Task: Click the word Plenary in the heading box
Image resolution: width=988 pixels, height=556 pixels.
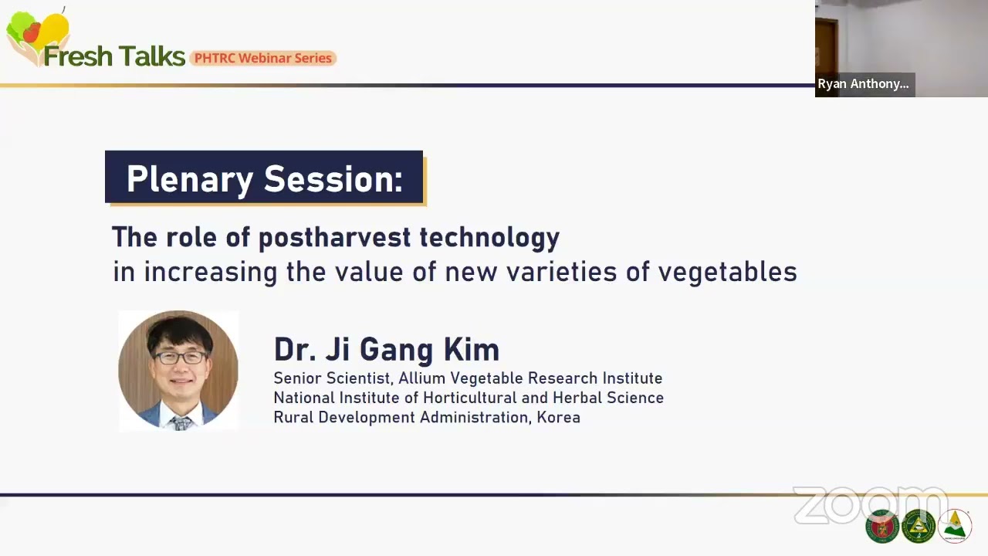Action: click(x=190, y=180)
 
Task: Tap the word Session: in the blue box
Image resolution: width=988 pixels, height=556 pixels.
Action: click(x=333, y=179)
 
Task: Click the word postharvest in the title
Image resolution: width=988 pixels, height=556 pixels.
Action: click(x=335, y=238)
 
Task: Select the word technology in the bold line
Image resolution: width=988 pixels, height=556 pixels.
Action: click(x=489, y=238)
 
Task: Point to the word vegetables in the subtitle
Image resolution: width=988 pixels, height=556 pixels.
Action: click(x=728, y=271)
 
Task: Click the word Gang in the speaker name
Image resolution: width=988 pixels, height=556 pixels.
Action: click(x=396, y=351)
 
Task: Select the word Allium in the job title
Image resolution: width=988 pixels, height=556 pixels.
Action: click(x=421, y=378)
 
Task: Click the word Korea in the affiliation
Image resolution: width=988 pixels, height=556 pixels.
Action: click(x=558, y=417)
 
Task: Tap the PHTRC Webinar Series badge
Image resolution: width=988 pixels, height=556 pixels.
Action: click(x=263, y=58)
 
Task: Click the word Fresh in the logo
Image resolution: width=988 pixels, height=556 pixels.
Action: click(x=78, y=56)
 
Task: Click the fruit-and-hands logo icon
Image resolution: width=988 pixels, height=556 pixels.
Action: click(x=37, y=36)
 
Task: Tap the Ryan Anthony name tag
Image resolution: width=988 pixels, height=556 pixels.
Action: click(x=864, y=84)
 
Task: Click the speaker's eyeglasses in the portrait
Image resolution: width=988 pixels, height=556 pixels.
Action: click(x=181, y=358)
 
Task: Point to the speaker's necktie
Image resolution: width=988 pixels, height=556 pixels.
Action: click(x=181, y=422)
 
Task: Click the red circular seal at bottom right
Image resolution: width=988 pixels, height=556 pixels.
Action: click(x=882, y=527)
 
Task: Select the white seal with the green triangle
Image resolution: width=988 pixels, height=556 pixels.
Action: click(x=955, y=526)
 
